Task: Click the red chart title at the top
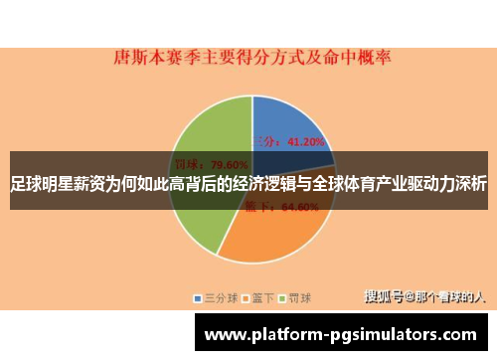249,58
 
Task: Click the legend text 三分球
219,297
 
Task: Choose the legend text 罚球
299,297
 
